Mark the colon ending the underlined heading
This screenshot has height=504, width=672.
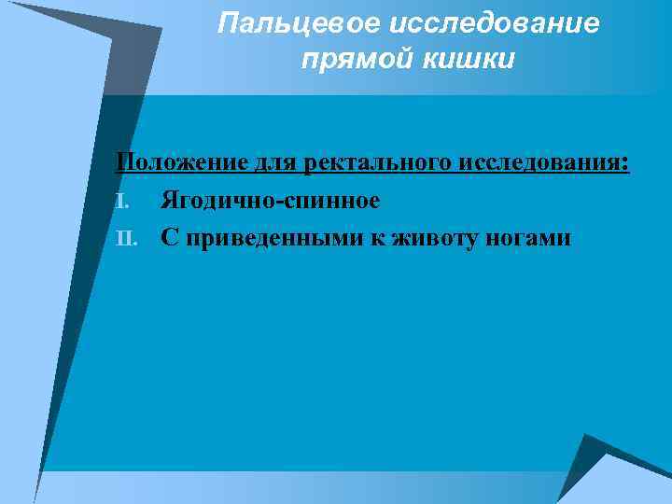626,165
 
